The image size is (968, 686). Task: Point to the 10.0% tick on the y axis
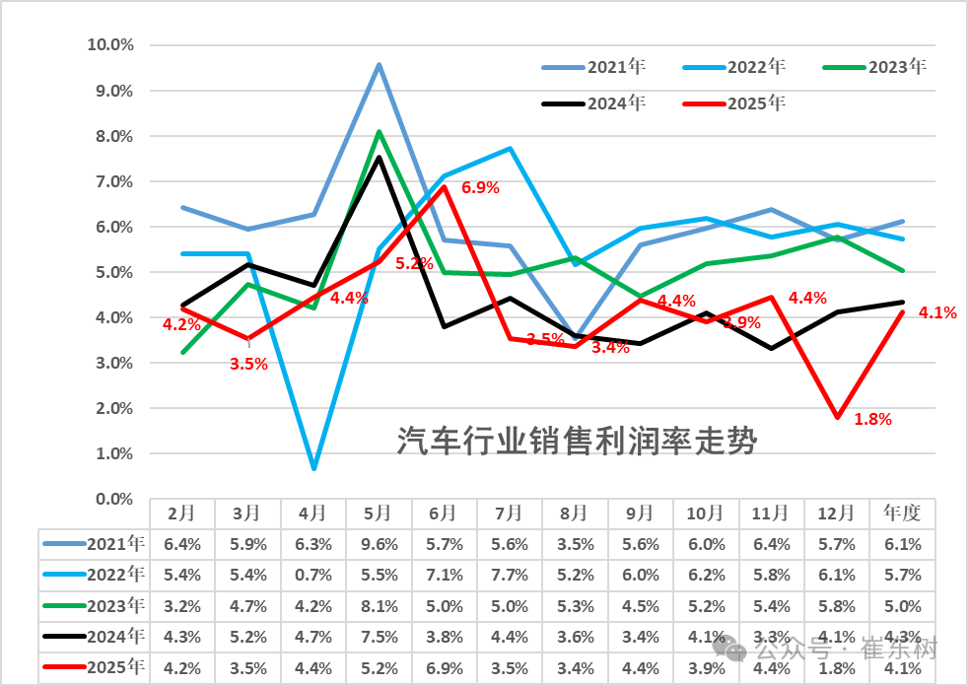[x=110, y=45]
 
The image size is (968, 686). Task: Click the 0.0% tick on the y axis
[x=114, y=500]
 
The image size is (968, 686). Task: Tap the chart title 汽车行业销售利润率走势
[x=577, y=442]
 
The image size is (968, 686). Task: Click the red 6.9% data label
[x=480, y=186]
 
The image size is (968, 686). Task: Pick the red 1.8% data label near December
[x=872, y=419]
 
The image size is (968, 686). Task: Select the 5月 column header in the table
[x=379, y=514]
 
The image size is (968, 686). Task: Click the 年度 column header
[x=902, y=514]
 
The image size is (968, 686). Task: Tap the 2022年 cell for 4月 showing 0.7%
[x=312, y=575]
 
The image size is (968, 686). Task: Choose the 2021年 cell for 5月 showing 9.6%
[x=379, y=543]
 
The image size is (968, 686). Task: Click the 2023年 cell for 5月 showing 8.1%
[x=379, y=606]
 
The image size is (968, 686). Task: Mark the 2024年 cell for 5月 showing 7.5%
[x=379, y=638]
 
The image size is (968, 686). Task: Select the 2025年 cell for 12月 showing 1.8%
[x=837, y=669]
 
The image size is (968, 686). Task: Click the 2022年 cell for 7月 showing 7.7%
[x=510, y=575]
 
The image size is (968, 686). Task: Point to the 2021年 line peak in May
[x=379, y=65]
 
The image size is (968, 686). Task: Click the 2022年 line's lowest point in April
[x=313, y=468]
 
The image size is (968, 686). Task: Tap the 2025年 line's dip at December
[x=837, y=417]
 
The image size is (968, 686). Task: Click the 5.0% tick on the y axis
[x=114, y=272]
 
